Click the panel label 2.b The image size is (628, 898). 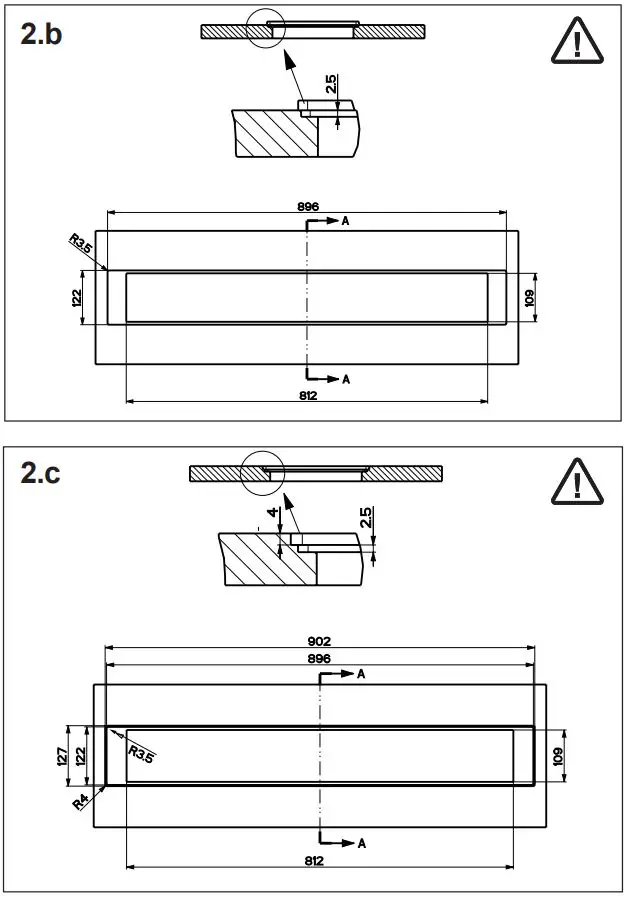(43, 35)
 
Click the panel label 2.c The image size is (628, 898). (41, 473)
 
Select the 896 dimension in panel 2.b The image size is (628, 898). (308, 206)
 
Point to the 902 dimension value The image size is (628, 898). (319, 641)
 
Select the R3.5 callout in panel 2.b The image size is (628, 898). (82, 244)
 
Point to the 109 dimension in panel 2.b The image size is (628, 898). (529, 297)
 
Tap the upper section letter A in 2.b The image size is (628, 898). (345, 220)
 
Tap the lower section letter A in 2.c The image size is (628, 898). (361, 844)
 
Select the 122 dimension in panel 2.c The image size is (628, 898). (79, 755)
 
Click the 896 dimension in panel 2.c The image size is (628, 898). (319, 659)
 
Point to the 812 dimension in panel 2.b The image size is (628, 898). (307, 396)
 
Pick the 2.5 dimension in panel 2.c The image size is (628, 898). (366, 517)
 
